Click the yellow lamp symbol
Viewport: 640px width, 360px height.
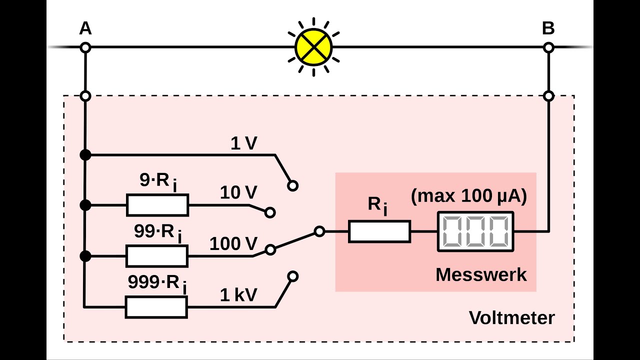(x=313, y=47)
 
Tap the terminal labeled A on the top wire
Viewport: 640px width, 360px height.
(x=85, y=47)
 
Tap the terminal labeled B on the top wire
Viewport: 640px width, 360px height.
(x=548, y=47)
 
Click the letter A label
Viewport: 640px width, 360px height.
(x=85, y=29)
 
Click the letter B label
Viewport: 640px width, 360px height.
(x=548, y=29)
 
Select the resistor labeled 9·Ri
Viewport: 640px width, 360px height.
(x=157, y=205)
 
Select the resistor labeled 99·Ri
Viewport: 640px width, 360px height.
(x=157, y=256)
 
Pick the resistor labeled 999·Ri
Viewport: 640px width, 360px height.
(x=156, y=307)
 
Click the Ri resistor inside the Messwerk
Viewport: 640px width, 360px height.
(x=379, y=231)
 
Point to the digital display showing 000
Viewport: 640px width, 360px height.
(x=475, y=231)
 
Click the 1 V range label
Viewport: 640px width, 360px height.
(x=243, y=144)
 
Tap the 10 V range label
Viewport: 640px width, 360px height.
(x=238, y=192)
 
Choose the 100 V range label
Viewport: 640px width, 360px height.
(x=233, y=244)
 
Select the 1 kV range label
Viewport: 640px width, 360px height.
(x=238, y=295)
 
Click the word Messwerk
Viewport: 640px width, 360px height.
(x=481, y=274)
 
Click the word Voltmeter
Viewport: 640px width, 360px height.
(x=511, y=317)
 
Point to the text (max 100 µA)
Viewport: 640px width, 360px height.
(x=468, y=196)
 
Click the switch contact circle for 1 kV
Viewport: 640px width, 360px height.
(x=293, y=276)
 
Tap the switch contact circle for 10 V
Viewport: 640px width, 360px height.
(x=270, y=212)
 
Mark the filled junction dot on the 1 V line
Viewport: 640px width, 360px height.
(x=85, y=155)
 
